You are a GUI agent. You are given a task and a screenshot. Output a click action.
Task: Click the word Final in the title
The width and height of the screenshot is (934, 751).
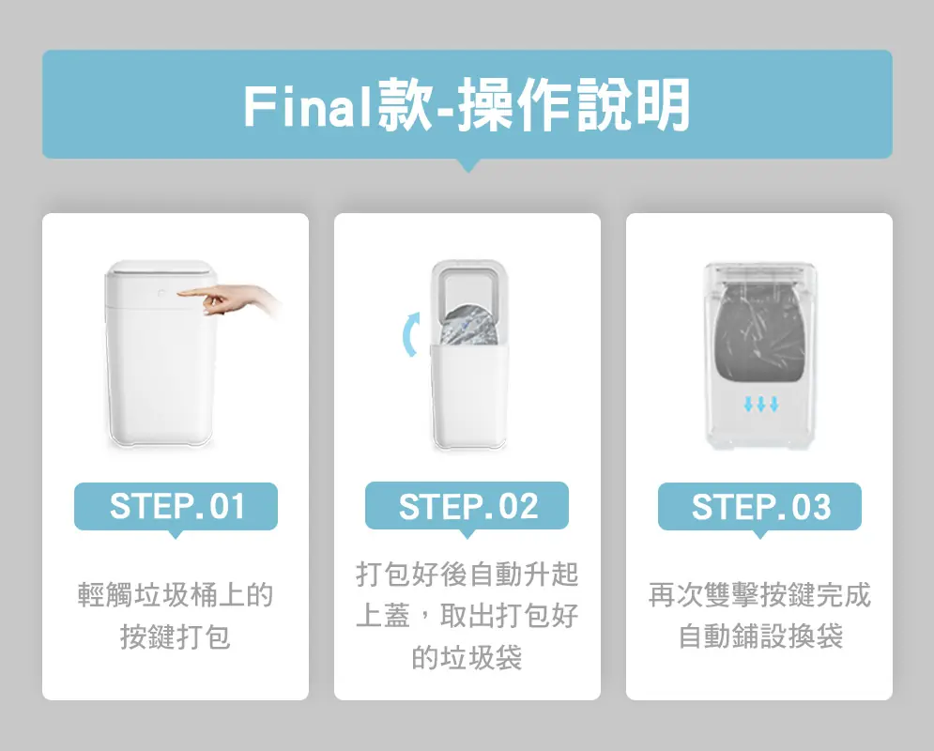309,106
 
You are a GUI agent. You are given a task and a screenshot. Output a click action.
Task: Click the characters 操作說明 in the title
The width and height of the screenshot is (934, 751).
574,105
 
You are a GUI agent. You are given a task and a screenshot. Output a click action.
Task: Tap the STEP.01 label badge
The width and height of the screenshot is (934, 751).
176,506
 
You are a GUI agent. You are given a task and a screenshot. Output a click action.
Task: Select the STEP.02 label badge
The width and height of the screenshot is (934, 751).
467,506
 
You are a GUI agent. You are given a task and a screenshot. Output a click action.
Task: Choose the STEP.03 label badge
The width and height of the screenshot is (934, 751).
759,506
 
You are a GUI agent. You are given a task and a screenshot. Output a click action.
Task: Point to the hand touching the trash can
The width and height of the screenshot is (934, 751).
229,299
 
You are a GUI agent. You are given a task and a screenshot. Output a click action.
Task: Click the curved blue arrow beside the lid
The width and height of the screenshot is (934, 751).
410,335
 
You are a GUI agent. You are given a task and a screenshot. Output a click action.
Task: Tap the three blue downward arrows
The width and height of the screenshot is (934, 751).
760,405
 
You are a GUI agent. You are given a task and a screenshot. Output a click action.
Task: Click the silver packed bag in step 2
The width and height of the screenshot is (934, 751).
468,327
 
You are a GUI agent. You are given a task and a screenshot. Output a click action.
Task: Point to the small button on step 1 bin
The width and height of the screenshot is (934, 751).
161,293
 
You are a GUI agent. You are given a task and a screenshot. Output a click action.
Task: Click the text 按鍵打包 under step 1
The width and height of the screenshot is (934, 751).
176,636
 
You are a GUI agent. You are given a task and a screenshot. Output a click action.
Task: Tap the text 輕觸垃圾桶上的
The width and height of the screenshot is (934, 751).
176,595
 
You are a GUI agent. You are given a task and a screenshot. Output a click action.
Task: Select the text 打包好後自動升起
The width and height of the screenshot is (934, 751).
467,575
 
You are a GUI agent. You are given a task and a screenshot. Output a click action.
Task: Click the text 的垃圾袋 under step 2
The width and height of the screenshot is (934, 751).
467,657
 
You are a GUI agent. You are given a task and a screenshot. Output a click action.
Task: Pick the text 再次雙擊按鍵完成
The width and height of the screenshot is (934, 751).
759,595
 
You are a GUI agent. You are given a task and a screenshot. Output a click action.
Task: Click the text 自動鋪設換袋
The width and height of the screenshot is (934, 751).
760,636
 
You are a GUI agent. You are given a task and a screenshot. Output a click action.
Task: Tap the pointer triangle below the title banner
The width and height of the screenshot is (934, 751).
468,165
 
